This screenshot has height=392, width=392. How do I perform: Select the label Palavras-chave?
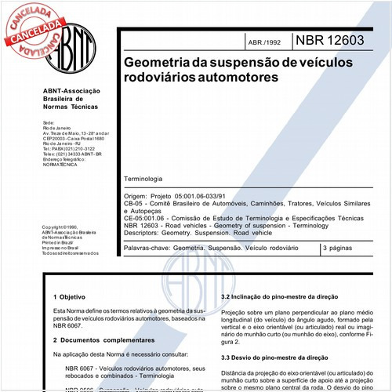(147, 248)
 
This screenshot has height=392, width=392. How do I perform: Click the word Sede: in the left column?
(49, 123)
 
